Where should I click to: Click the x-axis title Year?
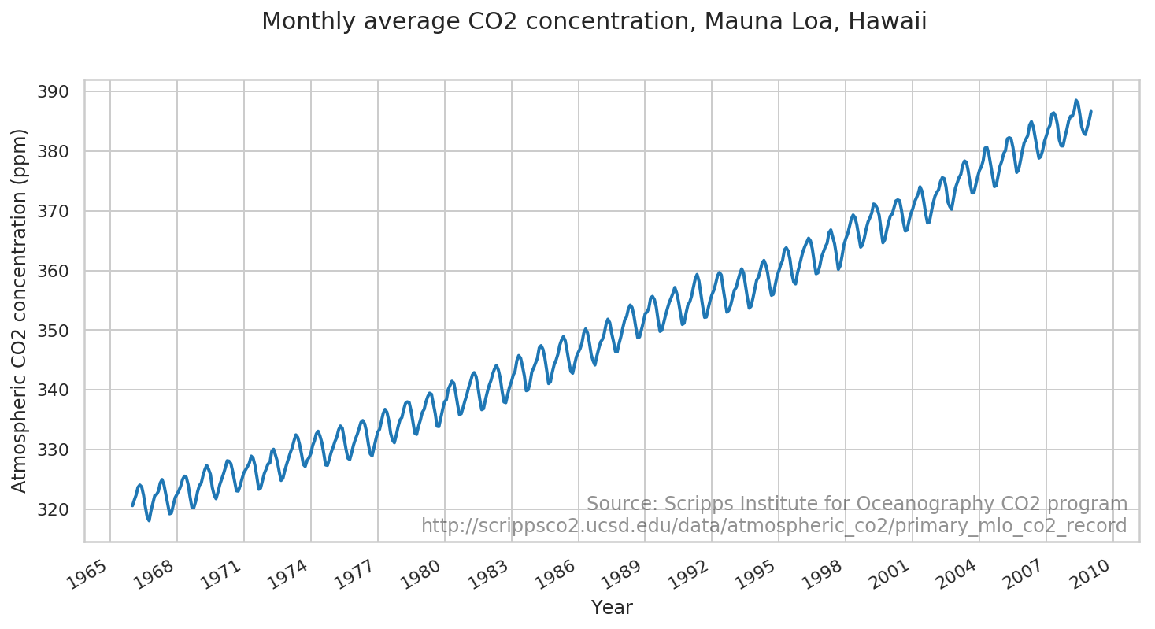tap(612, 608)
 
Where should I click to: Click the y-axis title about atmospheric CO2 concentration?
tap(20, 310)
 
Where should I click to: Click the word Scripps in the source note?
tap(692, 504)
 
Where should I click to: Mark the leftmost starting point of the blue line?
tap(132, 505)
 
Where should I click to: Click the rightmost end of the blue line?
tap(1090, 111)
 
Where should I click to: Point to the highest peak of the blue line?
tap(1075, 101)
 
